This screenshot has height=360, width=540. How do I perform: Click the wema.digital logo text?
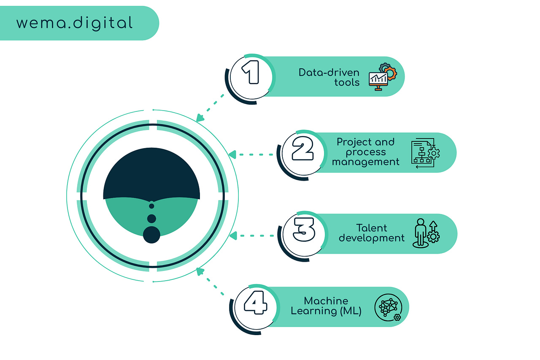pos(74,23)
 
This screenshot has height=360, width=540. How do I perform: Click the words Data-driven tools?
pos(329,77)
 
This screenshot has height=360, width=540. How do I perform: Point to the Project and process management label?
pos(365,152)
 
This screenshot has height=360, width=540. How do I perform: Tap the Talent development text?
pos(371,233)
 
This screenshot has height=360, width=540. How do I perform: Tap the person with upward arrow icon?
pos(426,233)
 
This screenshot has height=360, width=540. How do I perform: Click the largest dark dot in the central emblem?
pos(151,235)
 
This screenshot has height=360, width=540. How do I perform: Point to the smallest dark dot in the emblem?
pos(152,206)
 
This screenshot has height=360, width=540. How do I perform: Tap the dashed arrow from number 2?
pos(251,154)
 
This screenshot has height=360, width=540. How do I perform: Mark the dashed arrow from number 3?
pos(251,235)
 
